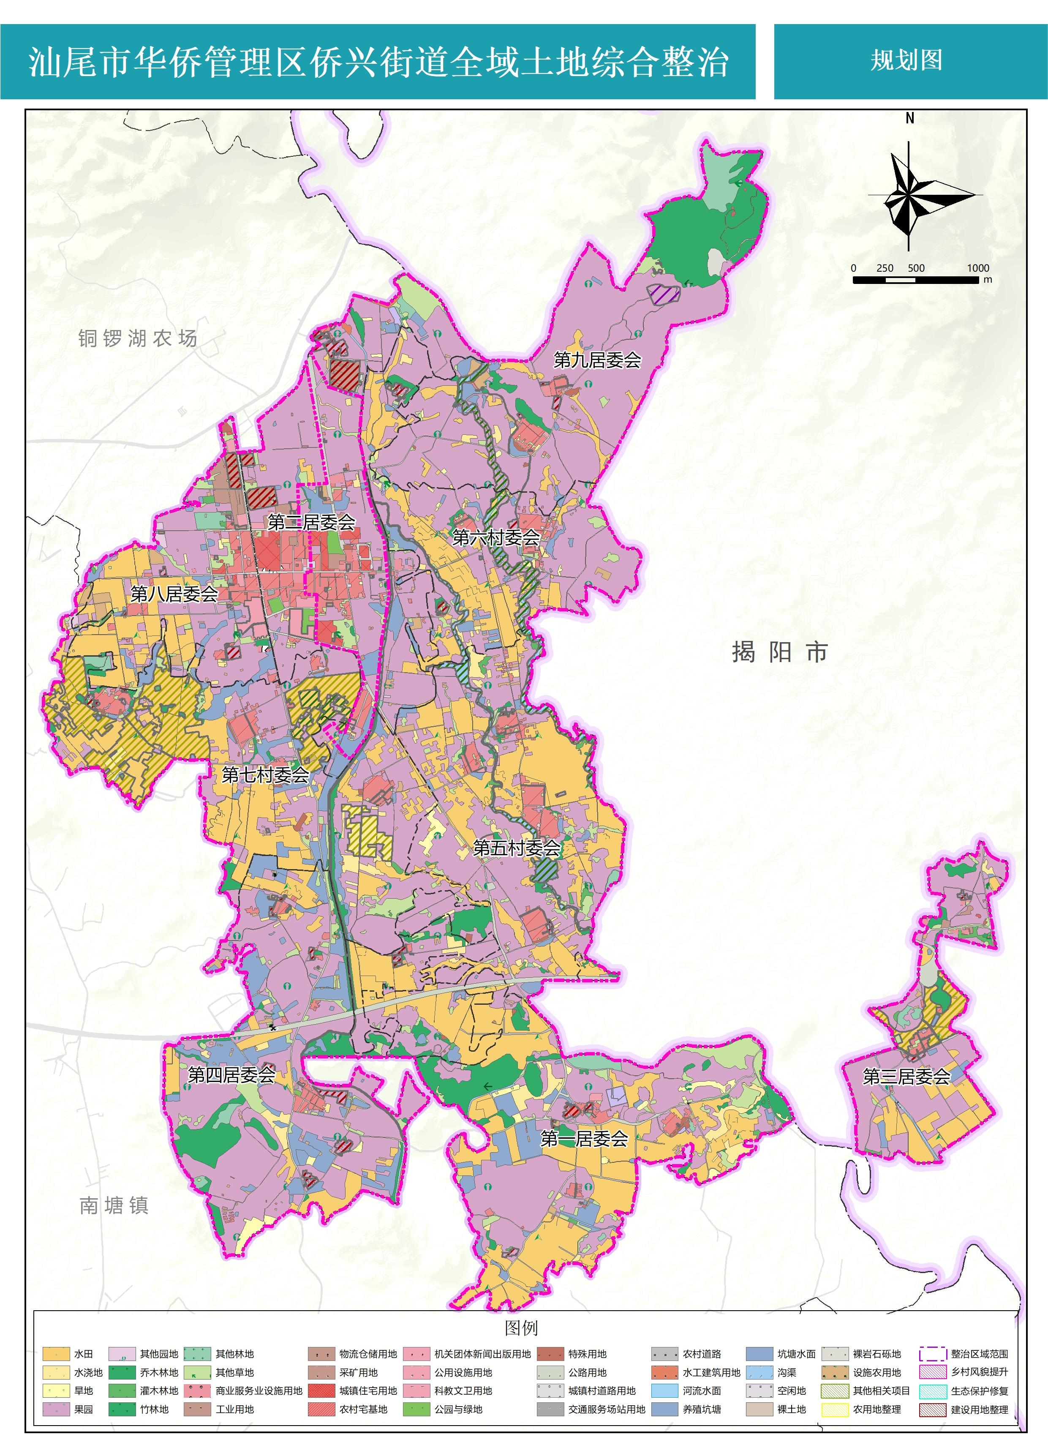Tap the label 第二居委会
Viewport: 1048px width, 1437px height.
[311, 522]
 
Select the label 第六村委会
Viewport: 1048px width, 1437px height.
[496, 537]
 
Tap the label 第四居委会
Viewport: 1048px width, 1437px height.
[231, 1075]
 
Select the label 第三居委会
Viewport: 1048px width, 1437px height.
[906, 1077]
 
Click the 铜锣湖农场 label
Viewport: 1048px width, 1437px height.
[138, 338]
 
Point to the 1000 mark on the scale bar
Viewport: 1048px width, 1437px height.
[977, 268]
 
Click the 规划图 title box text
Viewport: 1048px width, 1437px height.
[906, 61]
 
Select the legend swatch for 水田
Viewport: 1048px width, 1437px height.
[56, 1354]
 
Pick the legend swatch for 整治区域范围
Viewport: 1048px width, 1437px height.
[933, 1354]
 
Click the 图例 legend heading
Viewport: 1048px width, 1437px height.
[521, 1328]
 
